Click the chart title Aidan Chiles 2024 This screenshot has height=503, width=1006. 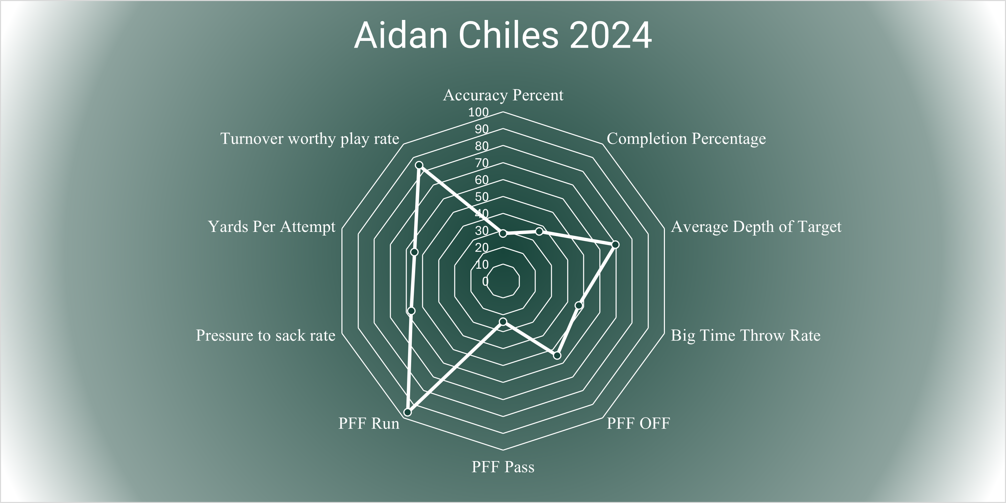click(x=503, y=35)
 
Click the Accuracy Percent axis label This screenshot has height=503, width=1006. click(x=503, y=95)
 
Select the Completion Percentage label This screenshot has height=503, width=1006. click(x=686, y=139)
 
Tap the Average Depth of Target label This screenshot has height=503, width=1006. click(x=756, y=227)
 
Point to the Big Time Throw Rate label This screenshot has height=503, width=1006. click(x=745, y=336)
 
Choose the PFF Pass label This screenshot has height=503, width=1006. click(x=503, y=467)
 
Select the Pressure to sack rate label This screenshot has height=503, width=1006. click(x=266, y=336)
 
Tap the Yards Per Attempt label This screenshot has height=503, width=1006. click(x=271, y=227)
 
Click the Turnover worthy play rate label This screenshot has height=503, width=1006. click(x=310, y=139)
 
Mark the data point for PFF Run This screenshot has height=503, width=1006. click(x=408, y=412)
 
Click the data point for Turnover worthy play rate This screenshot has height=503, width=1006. click(x=419, y=165)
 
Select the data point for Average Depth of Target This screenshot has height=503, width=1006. click(x=616, y=245)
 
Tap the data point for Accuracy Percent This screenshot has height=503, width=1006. click(x=503, y=233)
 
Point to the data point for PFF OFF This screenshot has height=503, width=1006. click(x=557, y=355)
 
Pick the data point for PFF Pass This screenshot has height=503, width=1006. click(x=503, y=321)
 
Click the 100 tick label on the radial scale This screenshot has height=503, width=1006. click(x=478, y=112)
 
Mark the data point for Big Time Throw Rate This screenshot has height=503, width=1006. click(x=579, y=305)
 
